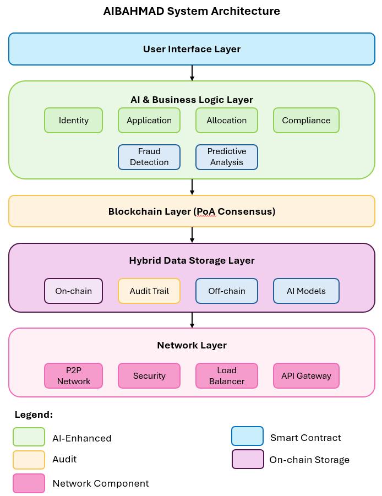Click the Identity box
[x=73, y=121]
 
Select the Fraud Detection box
[x=149, y=157]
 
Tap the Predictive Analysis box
[x=227, y=157]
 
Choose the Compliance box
[x=306, y=121]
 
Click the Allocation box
[x=227, y=121]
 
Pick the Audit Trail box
[x=149, y=291]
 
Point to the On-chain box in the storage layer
[x=73, y=291]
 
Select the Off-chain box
[x=227, y=291]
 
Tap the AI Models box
[x=306, y=291]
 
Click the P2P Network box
[x=73, y=375]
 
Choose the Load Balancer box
[x=227, y=375]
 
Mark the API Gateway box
[x=306, y=375]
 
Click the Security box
[x=149, y=375]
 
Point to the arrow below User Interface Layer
[x=192, y=73]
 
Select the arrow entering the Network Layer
[x=192, y=320]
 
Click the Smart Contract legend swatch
[x=247, y=436]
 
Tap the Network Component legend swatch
[x=29, y=483]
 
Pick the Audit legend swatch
[x=29, y=460]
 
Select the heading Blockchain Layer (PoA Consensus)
[x=192, y=211]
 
